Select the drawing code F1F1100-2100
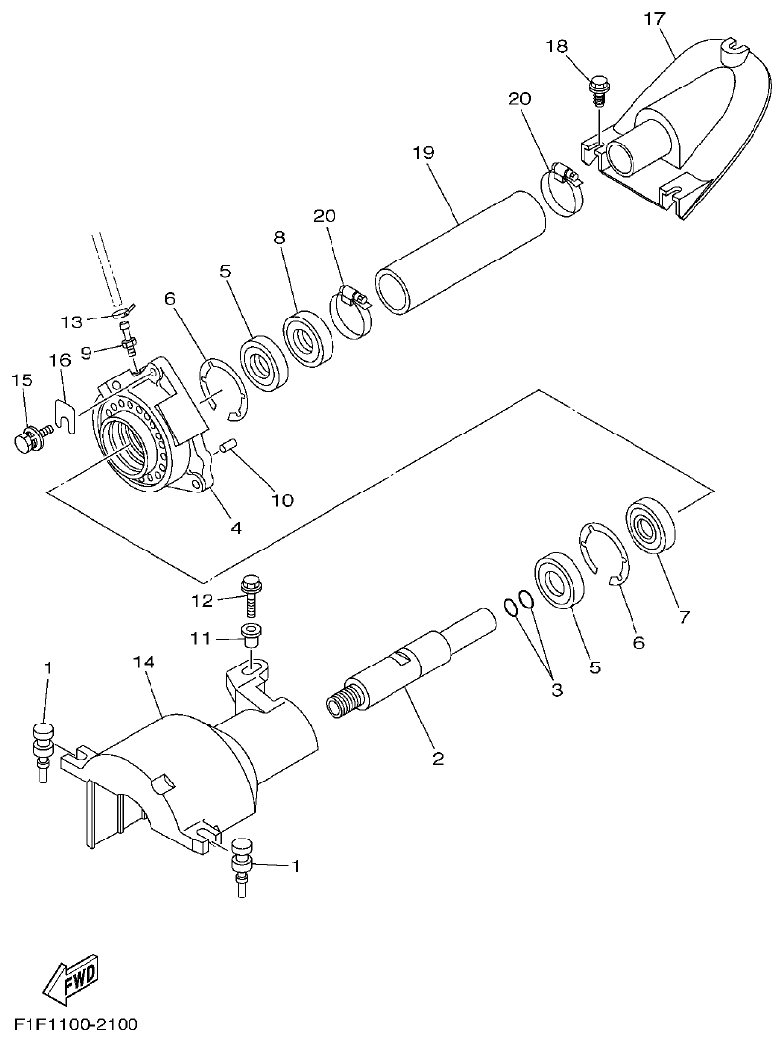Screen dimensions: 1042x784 75,1024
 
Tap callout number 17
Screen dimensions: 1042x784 654,19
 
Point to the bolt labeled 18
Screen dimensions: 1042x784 598,87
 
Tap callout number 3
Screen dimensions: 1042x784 556,691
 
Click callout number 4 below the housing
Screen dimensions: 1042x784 235,526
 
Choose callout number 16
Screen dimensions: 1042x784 63,361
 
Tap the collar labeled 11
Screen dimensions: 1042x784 249,633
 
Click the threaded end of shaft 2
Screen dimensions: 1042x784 340,705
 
